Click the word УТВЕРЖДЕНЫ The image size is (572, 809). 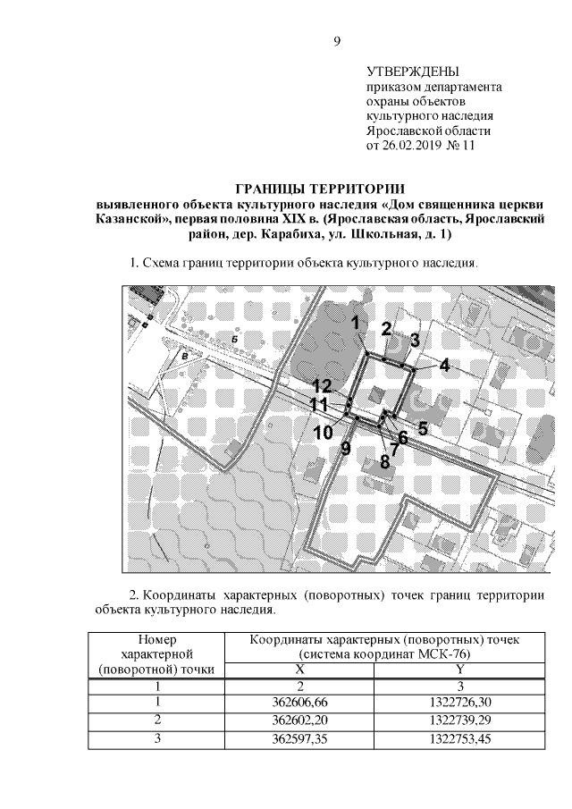click(x=413, y=71)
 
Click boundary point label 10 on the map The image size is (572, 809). click(x=323, y=433)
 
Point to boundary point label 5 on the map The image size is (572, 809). click(x=422, y=427)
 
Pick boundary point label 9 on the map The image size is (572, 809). click(x=346, y=449)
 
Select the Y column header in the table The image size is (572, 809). click(x=459, y=669)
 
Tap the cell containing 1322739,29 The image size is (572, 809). click(x=459, y=720)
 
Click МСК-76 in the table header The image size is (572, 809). click(x=448, y=654)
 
